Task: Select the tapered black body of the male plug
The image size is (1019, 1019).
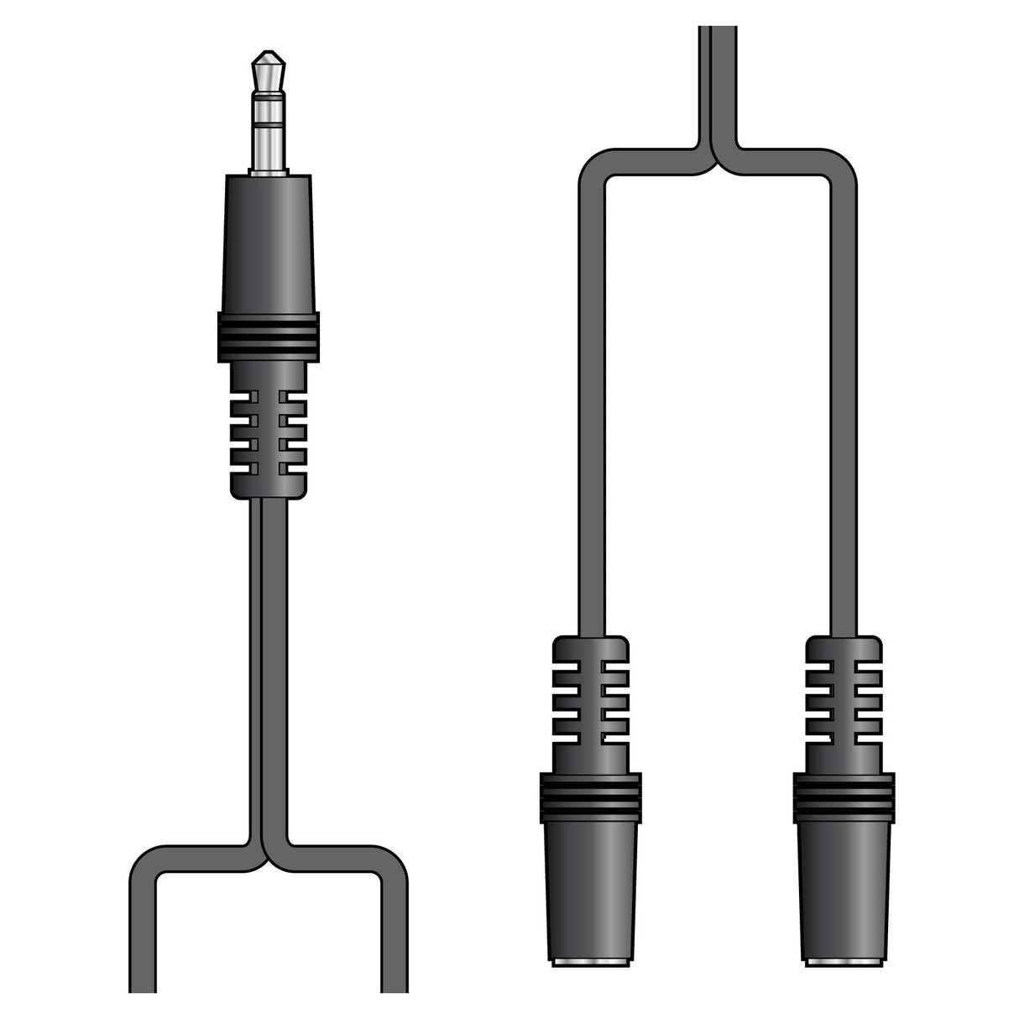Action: tap(268, 243)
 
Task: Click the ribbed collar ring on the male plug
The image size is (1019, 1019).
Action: tap(268, 337)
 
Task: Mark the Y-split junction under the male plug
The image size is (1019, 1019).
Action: tap(268, 848)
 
